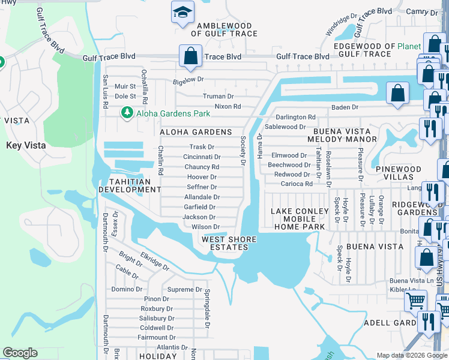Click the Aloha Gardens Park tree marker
127,113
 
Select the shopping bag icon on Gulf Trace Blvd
190,56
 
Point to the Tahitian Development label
130,185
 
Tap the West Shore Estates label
229,244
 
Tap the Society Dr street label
244,150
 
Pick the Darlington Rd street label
295,117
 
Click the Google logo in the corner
20,353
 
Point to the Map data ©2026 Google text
411,355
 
